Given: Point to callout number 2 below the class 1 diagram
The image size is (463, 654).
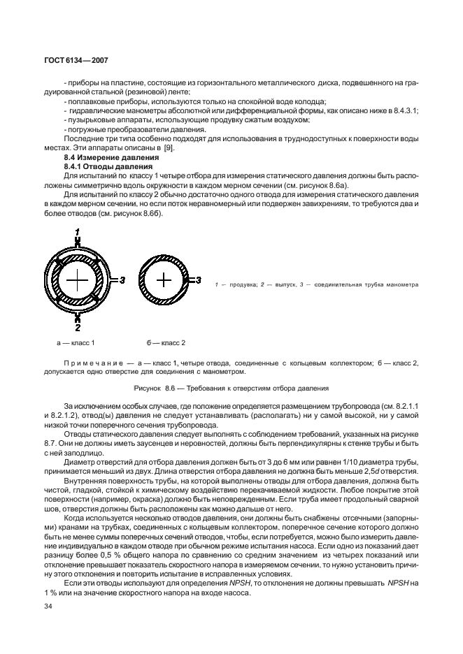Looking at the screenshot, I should (x=78, y=327).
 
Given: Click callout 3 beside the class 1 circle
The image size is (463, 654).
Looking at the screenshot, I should (x=122, y=280).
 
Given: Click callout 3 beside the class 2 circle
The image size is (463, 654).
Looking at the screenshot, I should (x=199, y=280).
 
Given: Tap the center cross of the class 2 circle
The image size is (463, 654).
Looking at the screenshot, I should (x=163, y=280).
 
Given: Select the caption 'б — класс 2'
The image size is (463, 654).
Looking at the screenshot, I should (x=166, y=343).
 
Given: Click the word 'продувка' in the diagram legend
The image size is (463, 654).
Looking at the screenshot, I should (x=241, y=285).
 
